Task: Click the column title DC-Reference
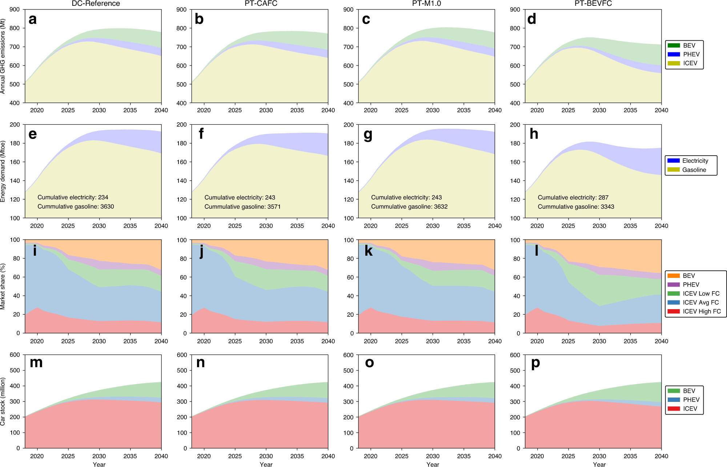[96, 4]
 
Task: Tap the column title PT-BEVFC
[593, 4]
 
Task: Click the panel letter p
[535, 363]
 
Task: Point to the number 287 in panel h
[603, 197]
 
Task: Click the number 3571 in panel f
[273, 207]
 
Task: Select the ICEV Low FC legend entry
[701, 294]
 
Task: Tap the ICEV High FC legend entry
[702, 311]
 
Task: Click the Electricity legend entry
[695, 161]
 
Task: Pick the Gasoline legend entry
[694, 170]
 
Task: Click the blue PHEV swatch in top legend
[674, 54]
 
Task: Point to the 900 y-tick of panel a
[15, 9]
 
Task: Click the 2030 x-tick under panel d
[599, 110]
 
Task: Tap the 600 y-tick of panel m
[15, 355]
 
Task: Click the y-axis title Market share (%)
[3, 286]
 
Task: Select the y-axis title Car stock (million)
[3, 402]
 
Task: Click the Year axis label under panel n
[266, 464]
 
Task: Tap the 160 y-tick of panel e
[15, 162]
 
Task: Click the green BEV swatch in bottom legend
[674, 391]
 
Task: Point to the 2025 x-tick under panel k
[401, 341]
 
